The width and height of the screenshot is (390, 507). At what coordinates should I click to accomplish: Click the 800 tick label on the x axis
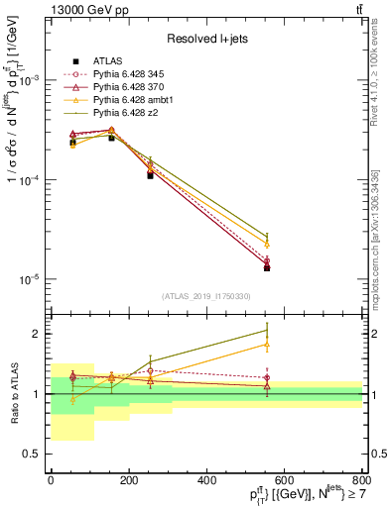[363, 480]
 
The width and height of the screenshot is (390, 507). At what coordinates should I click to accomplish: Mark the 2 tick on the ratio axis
[39, 334]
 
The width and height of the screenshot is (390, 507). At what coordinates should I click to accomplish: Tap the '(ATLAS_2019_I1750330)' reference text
[206, 296]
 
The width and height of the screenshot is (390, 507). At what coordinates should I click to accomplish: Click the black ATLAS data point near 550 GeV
[267, 268]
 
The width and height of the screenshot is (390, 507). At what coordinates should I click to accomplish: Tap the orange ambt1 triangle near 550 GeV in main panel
[267, 244]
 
